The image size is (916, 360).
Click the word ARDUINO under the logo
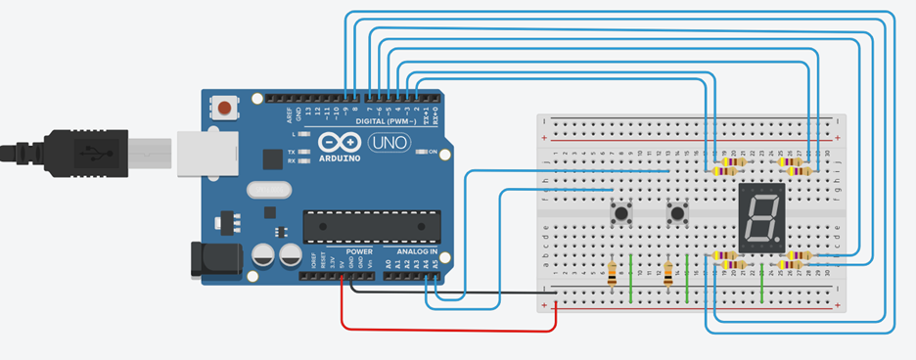tap(340, 157)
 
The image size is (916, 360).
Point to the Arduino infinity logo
tap(340, 143)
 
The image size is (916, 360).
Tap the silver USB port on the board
tap(206, 155)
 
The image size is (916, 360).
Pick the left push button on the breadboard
tap(619, 211)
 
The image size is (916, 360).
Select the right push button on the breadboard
tap(676, 211)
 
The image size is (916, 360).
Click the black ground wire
tap(450, 291)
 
